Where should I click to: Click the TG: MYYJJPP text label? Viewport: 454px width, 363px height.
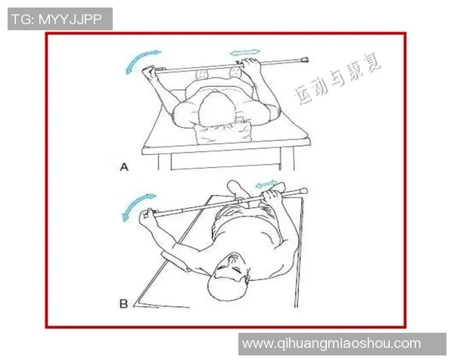pos(57,20)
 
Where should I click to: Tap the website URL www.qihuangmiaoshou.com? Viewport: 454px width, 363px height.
pos(331,343)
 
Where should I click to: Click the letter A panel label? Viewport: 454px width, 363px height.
pos(124,167)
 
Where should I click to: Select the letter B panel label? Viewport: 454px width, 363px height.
pos(123,304)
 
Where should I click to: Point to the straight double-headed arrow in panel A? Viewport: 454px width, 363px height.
pos(245,52)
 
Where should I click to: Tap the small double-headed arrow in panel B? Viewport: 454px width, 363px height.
pos(266,184)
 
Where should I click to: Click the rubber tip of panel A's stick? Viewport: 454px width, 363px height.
pos(305,60)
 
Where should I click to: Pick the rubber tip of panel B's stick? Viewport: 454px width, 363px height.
pos(303,191)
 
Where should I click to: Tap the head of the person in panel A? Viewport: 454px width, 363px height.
pos(216,110)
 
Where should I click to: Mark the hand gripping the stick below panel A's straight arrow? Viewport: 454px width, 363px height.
pos(250,66)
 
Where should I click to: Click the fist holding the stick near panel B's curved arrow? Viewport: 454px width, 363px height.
pos(147,218)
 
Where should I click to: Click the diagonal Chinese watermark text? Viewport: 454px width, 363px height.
pos(337,79)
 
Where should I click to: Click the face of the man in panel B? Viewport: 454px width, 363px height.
pos(232,267)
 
